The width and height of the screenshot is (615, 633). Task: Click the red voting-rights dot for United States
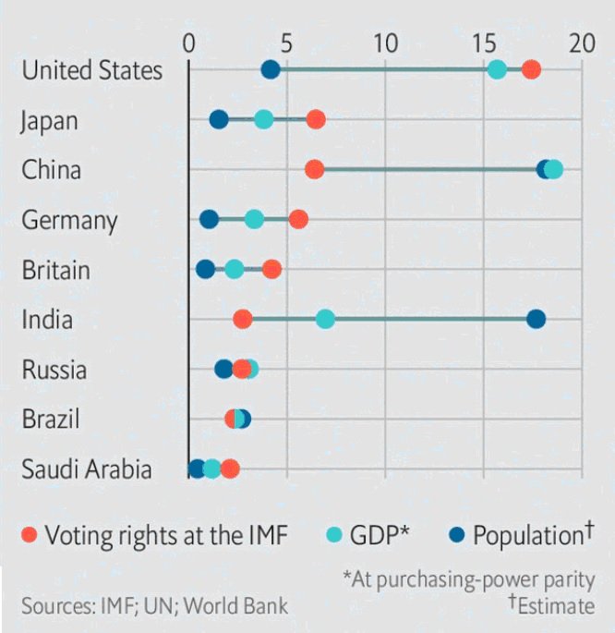click(x=531, y=70)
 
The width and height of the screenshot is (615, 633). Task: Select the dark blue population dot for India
click(x=536, y=319)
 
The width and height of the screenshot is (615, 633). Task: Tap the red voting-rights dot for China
click(x=314, y=169)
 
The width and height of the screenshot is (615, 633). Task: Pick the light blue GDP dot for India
click(x=325, y=319)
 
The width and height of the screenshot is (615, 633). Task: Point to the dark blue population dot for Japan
click(x=219, y=119)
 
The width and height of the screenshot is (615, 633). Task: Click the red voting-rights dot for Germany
click(x=298, y=219)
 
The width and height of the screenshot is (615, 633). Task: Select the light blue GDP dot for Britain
click(x=235, y=269)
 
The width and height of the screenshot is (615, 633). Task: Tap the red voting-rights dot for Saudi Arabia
click(x=230, y=469)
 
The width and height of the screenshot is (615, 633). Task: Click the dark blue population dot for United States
click(x=271, y=70)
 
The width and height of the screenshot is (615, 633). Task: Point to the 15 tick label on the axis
click(x=482, y=43)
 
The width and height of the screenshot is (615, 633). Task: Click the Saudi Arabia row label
click(x=87, y=469)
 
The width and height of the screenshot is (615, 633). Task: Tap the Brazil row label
click(x=51, y=419)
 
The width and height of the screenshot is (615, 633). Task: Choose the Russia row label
click(x=54, y=370)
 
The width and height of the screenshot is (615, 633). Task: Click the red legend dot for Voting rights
click(x=30, y=535)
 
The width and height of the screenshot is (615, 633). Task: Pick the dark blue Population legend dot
click(x=455, y=535)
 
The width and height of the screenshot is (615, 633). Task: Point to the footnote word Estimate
click(x=556, y=606)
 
